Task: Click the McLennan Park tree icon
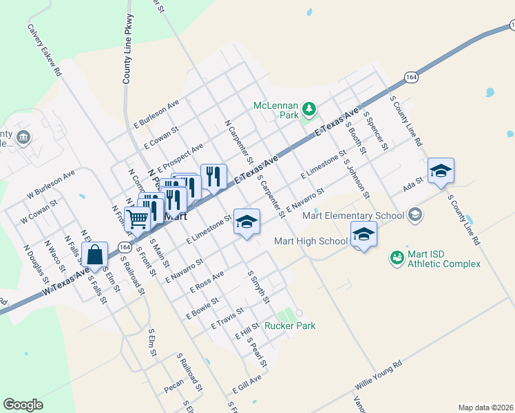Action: pyautogui.click(x=309, y=108)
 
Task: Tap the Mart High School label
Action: pyautogui.click(x=311, y=241)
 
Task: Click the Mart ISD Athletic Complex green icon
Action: pyautogui.click(x=397, y=258)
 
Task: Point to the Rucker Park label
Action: pyautogui.click(x=290, y=326)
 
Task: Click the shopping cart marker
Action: pyautogui.click(x=138, y=218)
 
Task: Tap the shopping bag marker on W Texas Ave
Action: pyautogui.click(x=95, y=255)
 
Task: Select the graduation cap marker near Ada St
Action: pyautogui.click(x=441, y=171)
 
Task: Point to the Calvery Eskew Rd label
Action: pyautogui.click(x=45, y=50)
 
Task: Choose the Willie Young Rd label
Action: pyautogui.click(x=377, y=376)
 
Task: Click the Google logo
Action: pyautogui.click(x=23, y=405)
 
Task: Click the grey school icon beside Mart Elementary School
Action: pyautogui.click(x=414, y=215)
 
